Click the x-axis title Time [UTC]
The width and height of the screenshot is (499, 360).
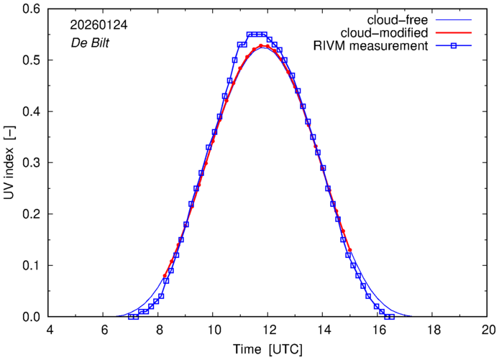pyautogui.click(x=268, y=350)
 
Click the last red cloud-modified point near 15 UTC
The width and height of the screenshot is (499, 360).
pyautogui.click(x=349, y=250)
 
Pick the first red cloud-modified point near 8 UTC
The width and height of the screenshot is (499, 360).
pyautogui.click(x=165, y=276)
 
